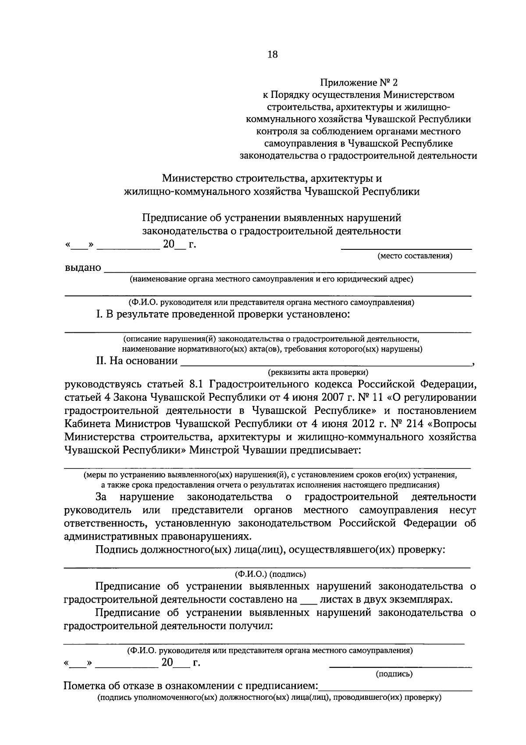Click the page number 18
point(272,54)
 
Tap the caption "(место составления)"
point(415,256)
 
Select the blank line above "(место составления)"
point(406,248)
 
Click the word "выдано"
point(83,268)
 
